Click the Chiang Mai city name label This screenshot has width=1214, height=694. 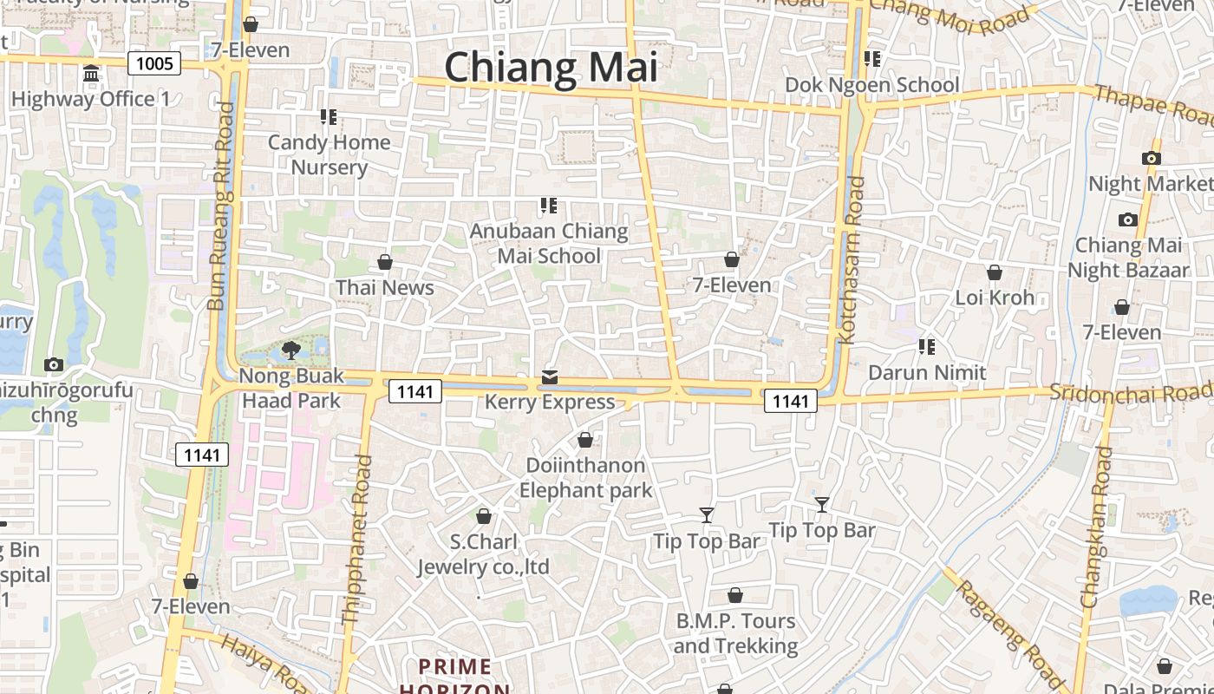click(552, 67)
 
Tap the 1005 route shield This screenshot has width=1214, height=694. click(154, 62)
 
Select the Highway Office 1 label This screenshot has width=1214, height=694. click(90, 99)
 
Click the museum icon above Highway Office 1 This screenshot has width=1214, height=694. click(91, 74)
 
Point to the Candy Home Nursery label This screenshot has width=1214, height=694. click(329, 154)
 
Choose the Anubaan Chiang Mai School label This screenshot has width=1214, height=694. click(549, 243)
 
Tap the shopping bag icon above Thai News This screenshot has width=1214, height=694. click(385, 262)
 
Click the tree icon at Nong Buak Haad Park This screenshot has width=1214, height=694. click(291, 350)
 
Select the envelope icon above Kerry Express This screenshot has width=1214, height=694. click(550, 377)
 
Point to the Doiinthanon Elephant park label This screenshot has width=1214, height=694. click(585, 478)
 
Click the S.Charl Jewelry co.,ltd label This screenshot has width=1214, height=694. click(484, 554)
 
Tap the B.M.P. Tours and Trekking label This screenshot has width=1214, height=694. click(735, 633)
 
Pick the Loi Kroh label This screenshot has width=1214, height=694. click(995, 298)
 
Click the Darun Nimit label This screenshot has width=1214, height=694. click(927, 373)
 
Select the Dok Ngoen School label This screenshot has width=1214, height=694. click(871, 84)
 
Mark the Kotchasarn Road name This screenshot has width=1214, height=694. click(855, 260)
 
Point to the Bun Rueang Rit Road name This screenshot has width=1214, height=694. click(221, 206)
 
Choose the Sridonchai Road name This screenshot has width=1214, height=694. click(1131, 392)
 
